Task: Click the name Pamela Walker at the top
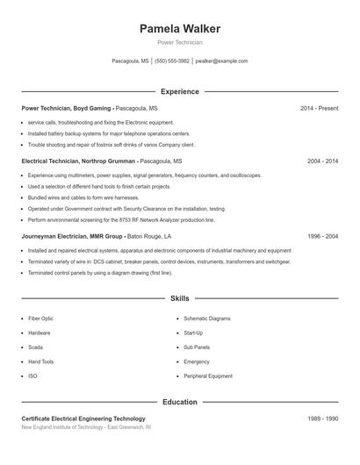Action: point(180,29)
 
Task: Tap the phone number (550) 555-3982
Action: point(173,61)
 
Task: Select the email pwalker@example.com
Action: point(221,61)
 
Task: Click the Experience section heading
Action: point(180,91)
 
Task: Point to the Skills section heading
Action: point(180,298)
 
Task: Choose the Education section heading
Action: point(180,402)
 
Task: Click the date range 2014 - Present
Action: point(319,108)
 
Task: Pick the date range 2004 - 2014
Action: point(322,161)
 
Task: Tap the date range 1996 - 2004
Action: point(322,237)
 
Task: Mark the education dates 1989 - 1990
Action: point(322,418)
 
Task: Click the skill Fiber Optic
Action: point(40,318)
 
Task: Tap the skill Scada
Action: point(36,347)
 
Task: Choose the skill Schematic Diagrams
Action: point(207,318)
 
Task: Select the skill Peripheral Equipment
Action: point(208,376)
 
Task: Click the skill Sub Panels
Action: point(197,347)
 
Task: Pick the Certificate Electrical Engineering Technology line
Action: point(83,418)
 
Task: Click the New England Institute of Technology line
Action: point(86,427)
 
